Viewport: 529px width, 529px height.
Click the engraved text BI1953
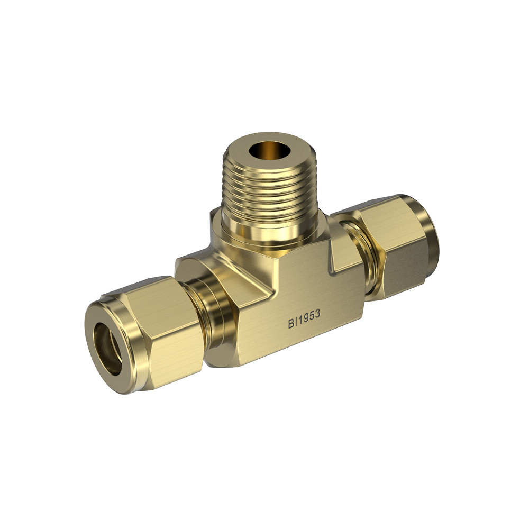[x=304, y=320]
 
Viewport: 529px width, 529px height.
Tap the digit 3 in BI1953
[x=317, y=315]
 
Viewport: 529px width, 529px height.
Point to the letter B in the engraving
[x=291, y=324]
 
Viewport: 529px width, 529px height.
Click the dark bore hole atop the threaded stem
[x=270, y=150]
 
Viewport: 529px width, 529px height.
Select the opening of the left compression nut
[x=107, y=348]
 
